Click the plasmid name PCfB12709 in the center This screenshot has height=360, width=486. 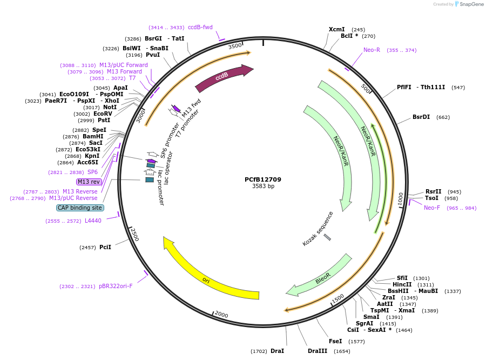pyautogui.click(x=262, y=179)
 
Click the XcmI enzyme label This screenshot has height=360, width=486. pyautogui.click(x=336, y=30)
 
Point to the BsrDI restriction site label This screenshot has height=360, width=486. pyautogui.click(x=421, y=117)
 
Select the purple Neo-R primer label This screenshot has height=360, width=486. pyautogui.click(x=372, y=50)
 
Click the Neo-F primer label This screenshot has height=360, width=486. pyautogui.click(x=431, y=208)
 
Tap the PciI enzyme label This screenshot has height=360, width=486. pyautogui.click(x=105, y=247)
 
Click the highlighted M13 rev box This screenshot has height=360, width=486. pyautogui.click(x=89, y=182)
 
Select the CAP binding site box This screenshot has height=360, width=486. pyautogui.click(x=80, y=208)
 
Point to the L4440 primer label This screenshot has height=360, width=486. pyautogui.click(x=93, y=221)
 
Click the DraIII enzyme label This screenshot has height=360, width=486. pyautogui.click(x=317, y=351)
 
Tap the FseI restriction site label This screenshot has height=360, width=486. pyautogui.click(x=335, y=341)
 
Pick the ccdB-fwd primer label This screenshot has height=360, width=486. pyautogui.click(x=200, y=27)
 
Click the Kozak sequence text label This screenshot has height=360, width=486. pyautogui.click(x=318, y=229)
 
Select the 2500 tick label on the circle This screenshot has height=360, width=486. pyautogui.click(x=134, y=234)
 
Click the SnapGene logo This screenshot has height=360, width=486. pyautogui.click(x=468, y=4)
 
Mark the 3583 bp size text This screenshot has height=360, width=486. pyautogui.click(x=263, y=186)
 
